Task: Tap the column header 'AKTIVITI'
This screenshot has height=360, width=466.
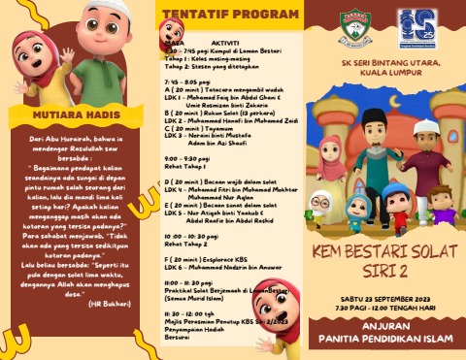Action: point(225,43)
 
